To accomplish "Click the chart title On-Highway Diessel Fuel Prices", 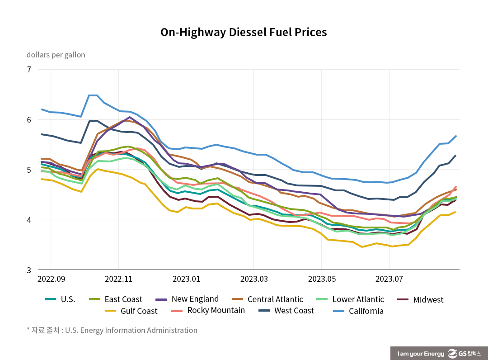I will (x=244, y=33).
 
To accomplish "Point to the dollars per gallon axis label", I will (x=56, y=55).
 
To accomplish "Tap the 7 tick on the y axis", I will (x=29, y=70).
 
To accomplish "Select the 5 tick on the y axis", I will (x=29, y=170).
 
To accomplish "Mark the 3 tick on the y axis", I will (x=29, y=270).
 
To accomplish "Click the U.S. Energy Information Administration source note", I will (x=131, y=330).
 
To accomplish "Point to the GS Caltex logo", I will (x=465, y=353).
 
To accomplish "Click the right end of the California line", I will (x=456, y=136).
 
